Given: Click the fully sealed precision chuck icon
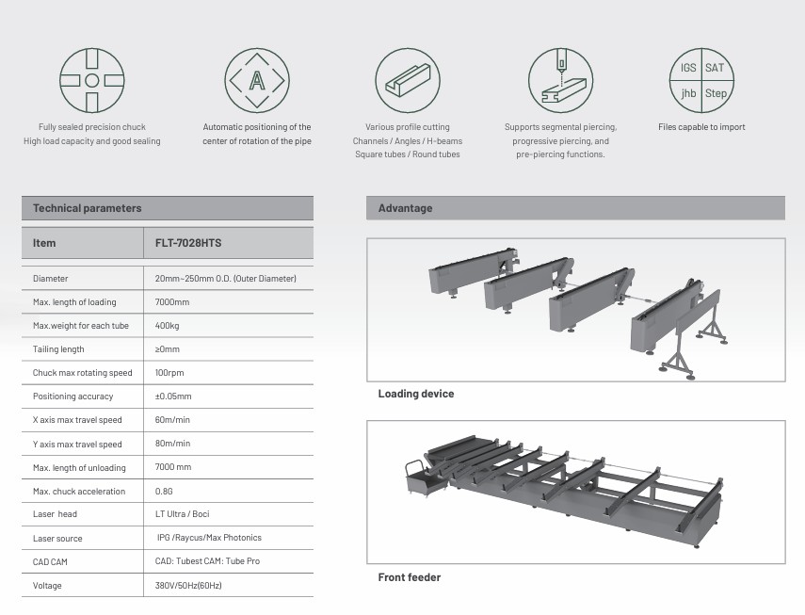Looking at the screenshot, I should point(91,81).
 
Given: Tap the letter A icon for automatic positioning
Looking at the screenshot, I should point(256,81).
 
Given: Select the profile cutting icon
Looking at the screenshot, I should point(407,81).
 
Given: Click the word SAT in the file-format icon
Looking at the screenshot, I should point(715,69).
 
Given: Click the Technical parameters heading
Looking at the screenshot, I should point(87,208).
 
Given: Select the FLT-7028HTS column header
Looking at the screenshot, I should point(188,243).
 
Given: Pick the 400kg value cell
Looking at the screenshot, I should point(169,326).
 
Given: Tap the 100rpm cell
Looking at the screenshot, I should point(169,373).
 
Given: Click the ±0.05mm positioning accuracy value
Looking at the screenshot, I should point(173,397).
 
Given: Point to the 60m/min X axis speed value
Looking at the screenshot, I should point(172,420).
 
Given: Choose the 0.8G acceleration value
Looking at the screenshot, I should point(164,492).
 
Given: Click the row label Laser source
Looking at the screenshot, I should point(57,539).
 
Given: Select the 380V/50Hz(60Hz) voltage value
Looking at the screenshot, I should point(188,586).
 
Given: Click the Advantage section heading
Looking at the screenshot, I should point(405,208).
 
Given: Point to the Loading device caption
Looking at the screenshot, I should point(415,394).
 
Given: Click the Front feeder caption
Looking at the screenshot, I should point(409,577).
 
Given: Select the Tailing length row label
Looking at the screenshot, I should point(58,349).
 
